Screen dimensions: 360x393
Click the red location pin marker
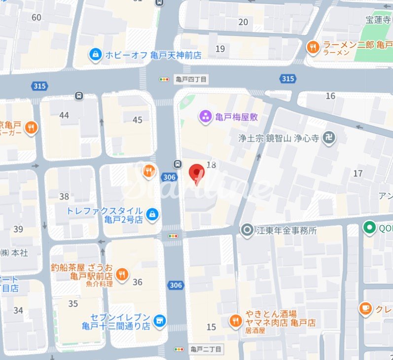click(197, 173)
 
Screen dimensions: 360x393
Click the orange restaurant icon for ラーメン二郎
click(313, 47)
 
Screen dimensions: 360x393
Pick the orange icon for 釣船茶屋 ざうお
click(122, 274)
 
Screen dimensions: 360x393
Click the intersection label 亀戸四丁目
click(190, 79)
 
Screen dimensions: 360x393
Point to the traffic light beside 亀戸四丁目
click(164, 79)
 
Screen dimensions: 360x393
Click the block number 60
click(36, 18)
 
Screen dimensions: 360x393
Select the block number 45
click(138, 120)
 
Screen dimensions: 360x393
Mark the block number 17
click(358, 173)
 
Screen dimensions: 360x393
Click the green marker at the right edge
click(368, 228)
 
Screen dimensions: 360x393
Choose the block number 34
click(18, 310)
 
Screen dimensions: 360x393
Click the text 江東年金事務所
click(286, 230)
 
